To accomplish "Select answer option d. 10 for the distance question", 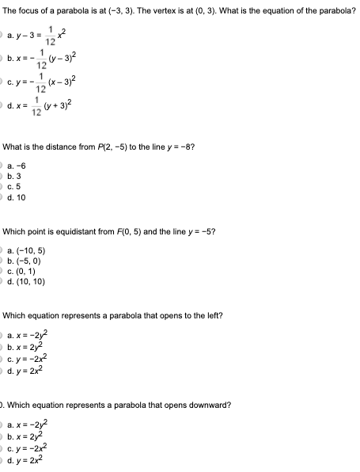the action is tap(15, 197).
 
